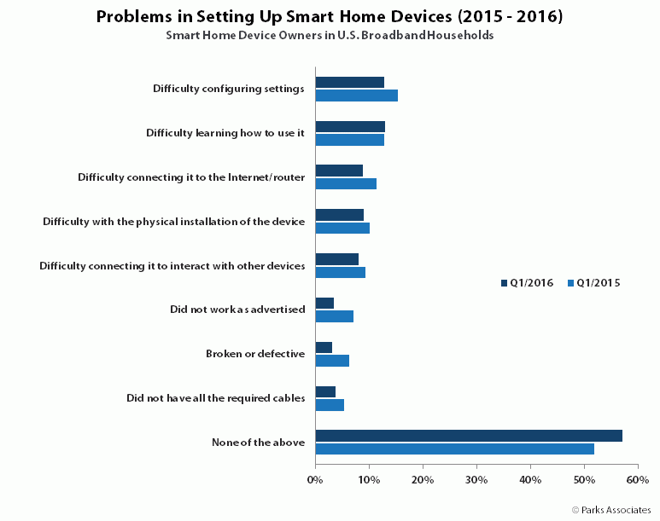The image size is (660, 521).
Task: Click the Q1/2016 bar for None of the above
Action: point(469,436)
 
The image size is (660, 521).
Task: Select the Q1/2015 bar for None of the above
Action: point(455,449)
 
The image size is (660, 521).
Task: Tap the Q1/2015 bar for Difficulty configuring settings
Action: point(357,96)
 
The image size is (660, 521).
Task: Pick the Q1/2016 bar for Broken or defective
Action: point(324,347)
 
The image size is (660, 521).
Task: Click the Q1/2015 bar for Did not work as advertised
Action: point(335,316)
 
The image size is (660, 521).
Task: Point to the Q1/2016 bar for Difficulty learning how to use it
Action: point(350,126)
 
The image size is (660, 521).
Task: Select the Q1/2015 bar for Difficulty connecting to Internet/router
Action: point(346,183)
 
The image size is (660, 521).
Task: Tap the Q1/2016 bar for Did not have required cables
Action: point(325,392)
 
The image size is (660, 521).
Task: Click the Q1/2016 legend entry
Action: point(527,283)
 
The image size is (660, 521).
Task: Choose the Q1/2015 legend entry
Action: point(594,283)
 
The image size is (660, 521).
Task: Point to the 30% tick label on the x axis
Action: point(476,480)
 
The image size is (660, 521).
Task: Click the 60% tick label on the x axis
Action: point(638,480)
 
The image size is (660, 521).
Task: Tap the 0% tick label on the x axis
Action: point(315,480)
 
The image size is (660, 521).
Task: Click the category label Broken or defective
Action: point(255,354)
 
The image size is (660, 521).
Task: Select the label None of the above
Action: point(258,443)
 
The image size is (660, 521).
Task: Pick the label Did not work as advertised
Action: point(237,310)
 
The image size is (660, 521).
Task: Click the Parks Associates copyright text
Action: point(611,510)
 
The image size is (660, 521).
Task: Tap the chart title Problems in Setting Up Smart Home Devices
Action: point(330,16)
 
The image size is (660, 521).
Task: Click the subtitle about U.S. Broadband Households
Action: point(330,35)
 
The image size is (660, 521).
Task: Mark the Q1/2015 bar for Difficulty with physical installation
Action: point(342,228)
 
